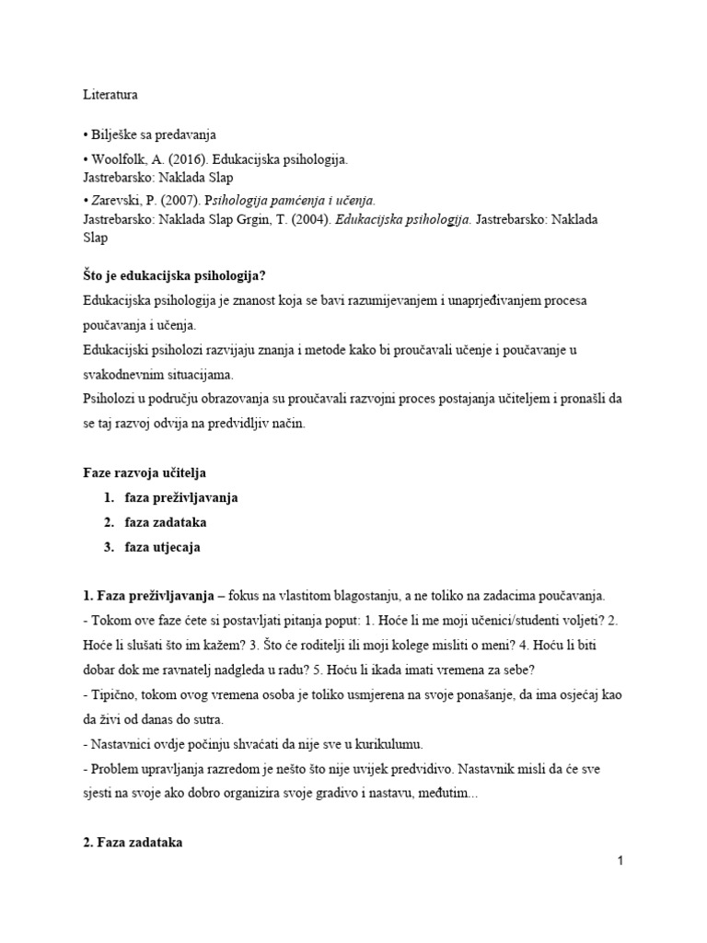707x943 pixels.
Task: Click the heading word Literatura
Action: (102, 94)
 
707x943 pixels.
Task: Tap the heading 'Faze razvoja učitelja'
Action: (140, 472)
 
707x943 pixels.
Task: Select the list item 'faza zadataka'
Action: (166, 522)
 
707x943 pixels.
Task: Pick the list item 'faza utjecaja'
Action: (162, 547)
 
